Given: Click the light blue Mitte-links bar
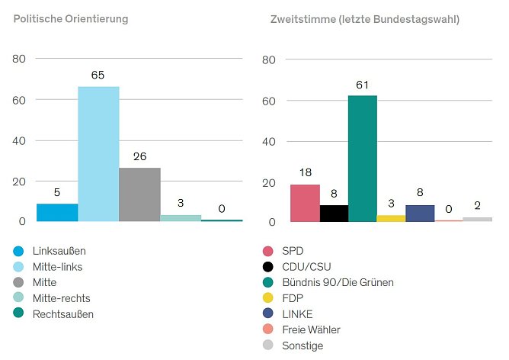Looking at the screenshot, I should tap(98, 153).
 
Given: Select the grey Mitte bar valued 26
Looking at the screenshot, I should tap(139, 194).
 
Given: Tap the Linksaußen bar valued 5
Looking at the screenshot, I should tap(57, 212).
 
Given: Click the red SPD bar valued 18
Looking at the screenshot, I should tap(305, 203).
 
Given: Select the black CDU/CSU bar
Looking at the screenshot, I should tap(334, 213).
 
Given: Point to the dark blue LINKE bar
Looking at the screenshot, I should tap(420, 213).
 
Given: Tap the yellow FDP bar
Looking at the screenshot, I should tap(391, 218).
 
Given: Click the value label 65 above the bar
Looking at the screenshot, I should tap(98, 75).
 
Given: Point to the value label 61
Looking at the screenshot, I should tap(363, 84).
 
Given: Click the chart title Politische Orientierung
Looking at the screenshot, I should tap(70, 18).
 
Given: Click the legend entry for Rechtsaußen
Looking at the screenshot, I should tap(63, 314).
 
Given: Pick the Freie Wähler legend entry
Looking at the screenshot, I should tap(311, 330).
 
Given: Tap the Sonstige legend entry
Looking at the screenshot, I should tap(302, 346).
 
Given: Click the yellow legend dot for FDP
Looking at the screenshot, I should tap(267, 298).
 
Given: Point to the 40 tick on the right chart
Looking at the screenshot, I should tap(268, 141).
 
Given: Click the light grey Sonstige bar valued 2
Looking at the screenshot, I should tap(477, 219).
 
